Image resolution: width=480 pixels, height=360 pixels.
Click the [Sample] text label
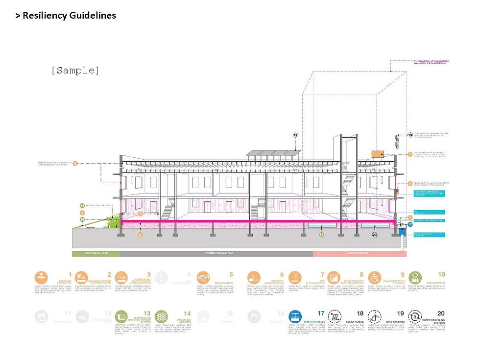click(75, 70)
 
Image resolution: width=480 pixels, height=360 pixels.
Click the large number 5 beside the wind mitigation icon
click(231, 274)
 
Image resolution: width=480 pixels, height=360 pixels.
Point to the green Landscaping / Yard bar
click(96, 254)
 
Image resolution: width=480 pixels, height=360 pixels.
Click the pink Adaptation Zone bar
click(360, 254)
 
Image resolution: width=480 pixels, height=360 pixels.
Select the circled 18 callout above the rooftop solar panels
click(295, 135)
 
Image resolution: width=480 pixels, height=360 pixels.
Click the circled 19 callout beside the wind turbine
click(409, 135)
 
